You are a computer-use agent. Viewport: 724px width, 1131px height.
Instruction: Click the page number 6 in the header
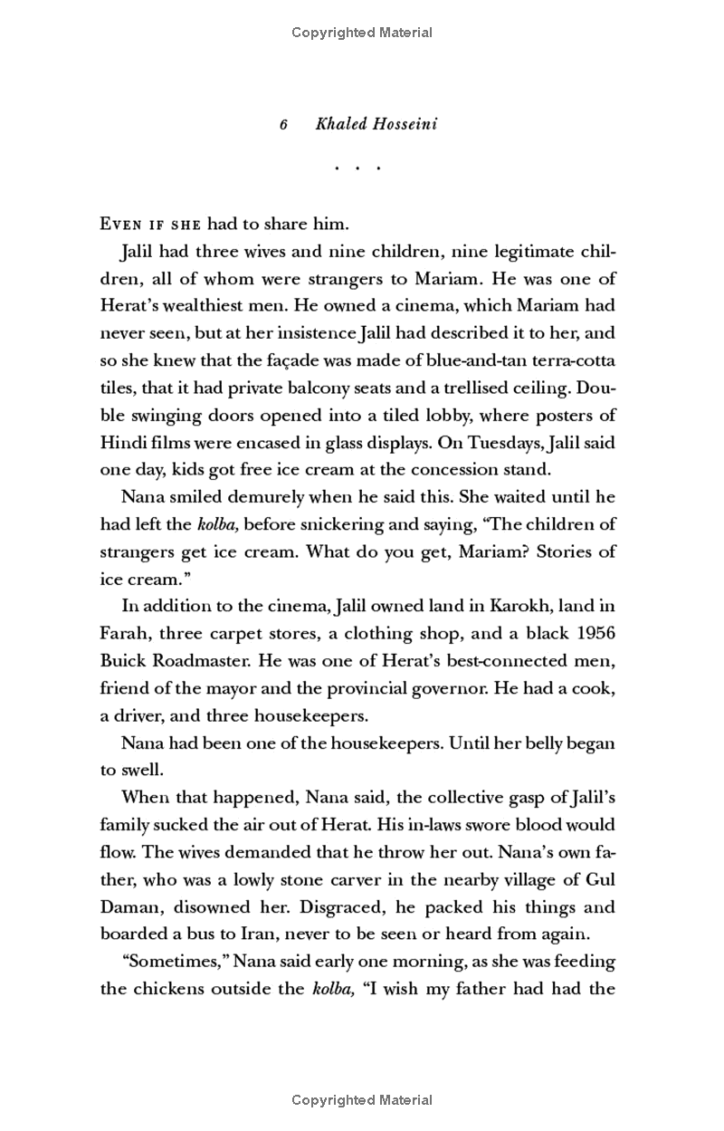[x=283, y=125]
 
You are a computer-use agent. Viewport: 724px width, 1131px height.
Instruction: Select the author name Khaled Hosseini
[x=376, y=124]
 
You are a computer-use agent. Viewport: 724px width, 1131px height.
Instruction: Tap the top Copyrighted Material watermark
[x=362, y=33]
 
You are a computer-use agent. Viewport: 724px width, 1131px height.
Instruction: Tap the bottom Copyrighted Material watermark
[x=362, y=1100]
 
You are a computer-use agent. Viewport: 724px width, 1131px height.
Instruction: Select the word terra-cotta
[x=576, y=360]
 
